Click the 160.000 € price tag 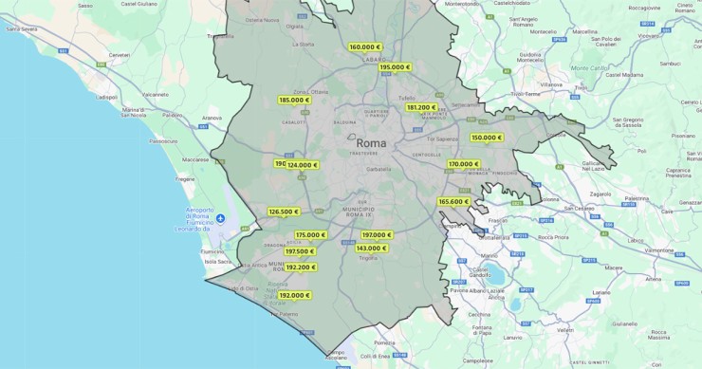pos(365,46)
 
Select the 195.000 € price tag pos(395,67)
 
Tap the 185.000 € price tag pos(294,100)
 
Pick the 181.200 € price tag pos(421,107)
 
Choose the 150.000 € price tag pos(487,138)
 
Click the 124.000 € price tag pos(303,165)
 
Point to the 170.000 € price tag pos(464,164)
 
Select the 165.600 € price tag pos(453,201)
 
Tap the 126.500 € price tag pos(283,212)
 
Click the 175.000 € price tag pos(310,235)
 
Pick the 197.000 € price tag pos(377,235)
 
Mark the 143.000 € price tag pos(371,249)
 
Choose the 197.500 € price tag pos(300,251)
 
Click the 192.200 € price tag pos(300,268)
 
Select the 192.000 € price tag pos(294,295)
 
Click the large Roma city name pos(371,143)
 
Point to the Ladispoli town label pos(107,96)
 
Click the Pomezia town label pos(384,342)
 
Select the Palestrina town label pos(637,199)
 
